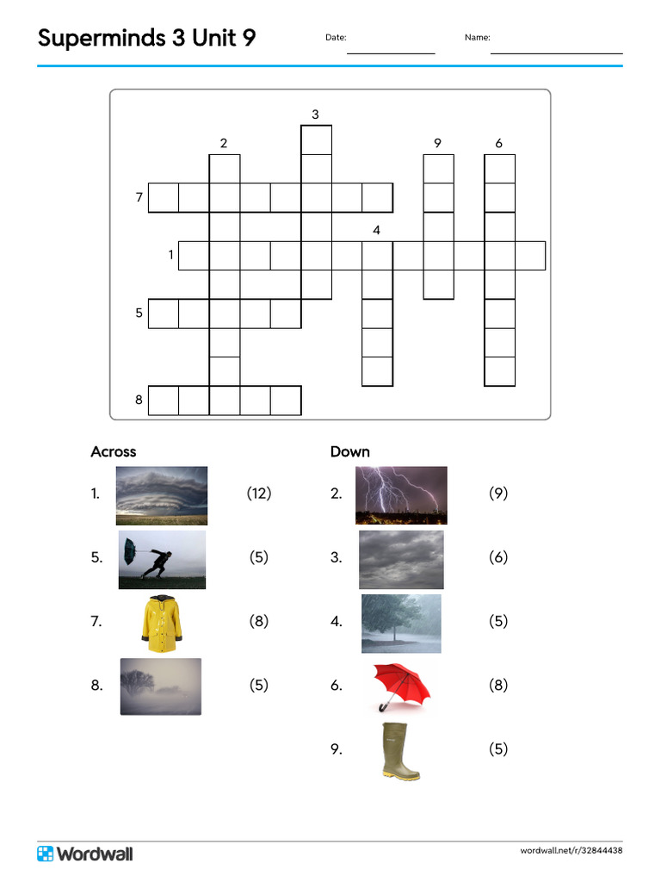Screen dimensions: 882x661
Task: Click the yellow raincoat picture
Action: click(162, 622)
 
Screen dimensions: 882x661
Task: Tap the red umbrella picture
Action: click(402, 686)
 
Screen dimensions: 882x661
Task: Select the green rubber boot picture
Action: click(400, 750)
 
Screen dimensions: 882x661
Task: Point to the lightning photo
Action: click(401, 495)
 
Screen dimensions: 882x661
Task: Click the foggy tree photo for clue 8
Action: click(161, 686)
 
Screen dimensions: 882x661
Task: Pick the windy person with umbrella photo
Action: click(162, 559)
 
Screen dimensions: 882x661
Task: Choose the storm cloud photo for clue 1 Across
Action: click(162, 495)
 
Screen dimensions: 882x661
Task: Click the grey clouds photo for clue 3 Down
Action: click(401, 559)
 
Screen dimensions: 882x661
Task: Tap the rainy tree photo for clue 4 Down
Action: click(401, 623)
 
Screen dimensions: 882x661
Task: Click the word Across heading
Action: click(114, 451)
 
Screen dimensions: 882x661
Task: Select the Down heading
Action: click(350, 451)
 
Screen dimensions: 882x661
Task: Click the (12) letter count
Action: click(259, 494)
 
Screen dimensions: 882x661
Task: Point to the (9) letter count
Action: click(498, 494)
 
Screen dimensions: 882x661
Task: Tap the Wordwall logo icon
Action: click(46, 853)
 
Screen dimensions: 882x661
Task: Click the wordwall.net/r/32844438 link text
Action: click(571, 851)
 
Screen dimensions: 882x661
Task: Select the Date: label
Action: click(336, 38)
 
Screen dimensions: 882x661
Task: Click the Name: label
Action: click(477, 38)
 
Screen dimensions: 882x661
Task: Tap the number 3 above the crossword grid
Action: click(315, 115)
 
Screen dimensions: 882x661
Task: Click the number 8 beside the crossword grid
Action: click(139, 400)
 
